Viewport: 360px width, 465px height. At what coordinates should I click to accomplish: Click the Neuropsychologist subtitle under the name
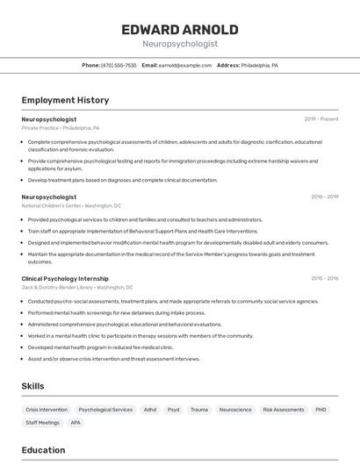pos(180,43)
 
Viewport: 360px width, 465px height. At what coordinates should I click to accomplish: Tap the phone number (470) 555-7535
pos(119,65)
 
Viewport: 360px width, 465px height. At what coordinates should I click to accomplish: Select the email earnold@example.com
pos(185,65)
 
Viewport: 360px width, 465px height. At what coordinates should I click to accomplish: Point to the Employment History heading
pos(65,100)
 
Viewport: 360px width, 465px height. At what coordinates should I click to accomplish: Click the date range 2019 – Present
pos(320,118)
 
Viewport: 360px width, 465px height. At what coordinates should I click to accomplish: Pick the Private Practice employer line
pos(61,127)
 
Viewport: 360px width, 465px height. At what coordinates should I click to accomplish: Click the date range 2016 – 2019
pos(324,197)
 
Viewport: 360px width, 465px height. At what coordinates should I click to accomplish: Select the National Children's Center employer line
pos(71,205)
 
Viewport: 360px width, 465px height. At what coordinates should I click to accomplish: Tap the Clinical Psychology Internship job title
pos(65,278)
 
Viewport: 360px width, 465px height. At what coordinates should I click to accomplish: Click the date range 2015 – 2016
pos(324,278)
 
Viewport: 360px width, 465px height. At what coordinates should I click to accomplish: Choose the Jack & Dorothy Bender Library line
pos(77,287)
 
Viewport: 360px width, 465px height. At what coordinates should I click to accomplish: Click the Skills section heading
pos(32,386)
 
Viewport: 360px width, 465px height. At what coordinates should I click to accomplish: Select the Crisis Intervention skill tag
pos(47,410)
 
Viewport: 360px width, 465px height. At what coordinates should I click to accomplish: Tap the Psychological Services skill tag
pos(105,410)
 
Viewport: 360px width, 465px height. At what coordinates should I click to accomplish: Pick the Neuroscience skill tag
pos(235,410)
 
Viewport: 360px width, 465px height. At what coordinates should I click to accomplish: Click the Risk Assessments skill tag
pos(284,410)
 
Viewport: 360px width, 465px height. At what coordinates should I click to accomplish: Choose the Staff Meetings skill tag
pos(42,423)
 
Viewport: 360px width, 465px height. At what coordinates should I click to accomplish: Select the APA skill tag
pos(76,423)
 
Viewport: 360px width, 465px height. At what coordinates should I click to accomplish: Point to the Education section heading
pos(43,450)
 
